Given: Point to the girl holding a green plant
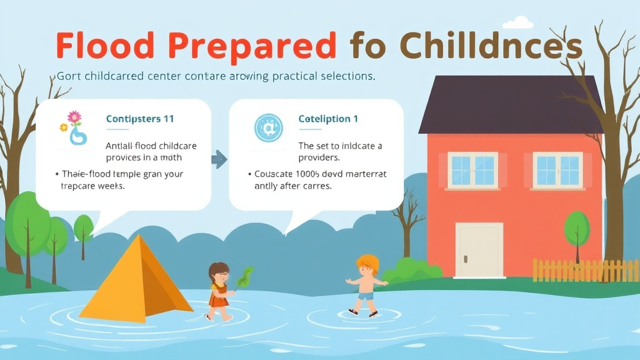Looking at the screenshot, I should pos(219,290).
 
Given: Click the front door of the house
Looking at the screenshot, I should pos(479,251).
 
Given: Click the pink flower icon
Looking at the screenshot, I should pos(74,117).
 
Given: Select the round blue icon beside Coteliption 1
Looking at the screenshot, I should pos(269,127).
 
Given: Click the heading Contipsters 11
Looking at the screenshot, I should pos(140,119).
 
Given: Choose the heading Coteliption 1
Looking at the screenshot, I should pos(328,119).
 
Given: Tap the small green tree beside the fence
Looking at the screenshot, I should pos(576,231).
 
